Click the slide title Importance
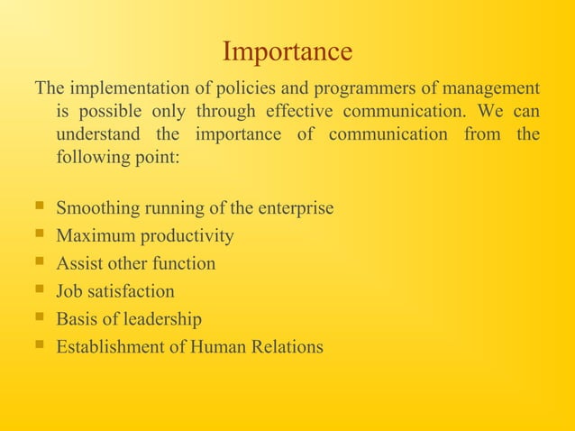tap(287, 51)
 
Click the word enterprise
tap(295, 208)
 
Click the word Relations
tap(286, 347)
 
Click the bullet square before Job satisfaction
tap(37, 290)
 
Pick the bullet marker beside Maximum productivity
tap(37, 235)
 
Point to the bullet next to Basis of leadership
tap(37, 318)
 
